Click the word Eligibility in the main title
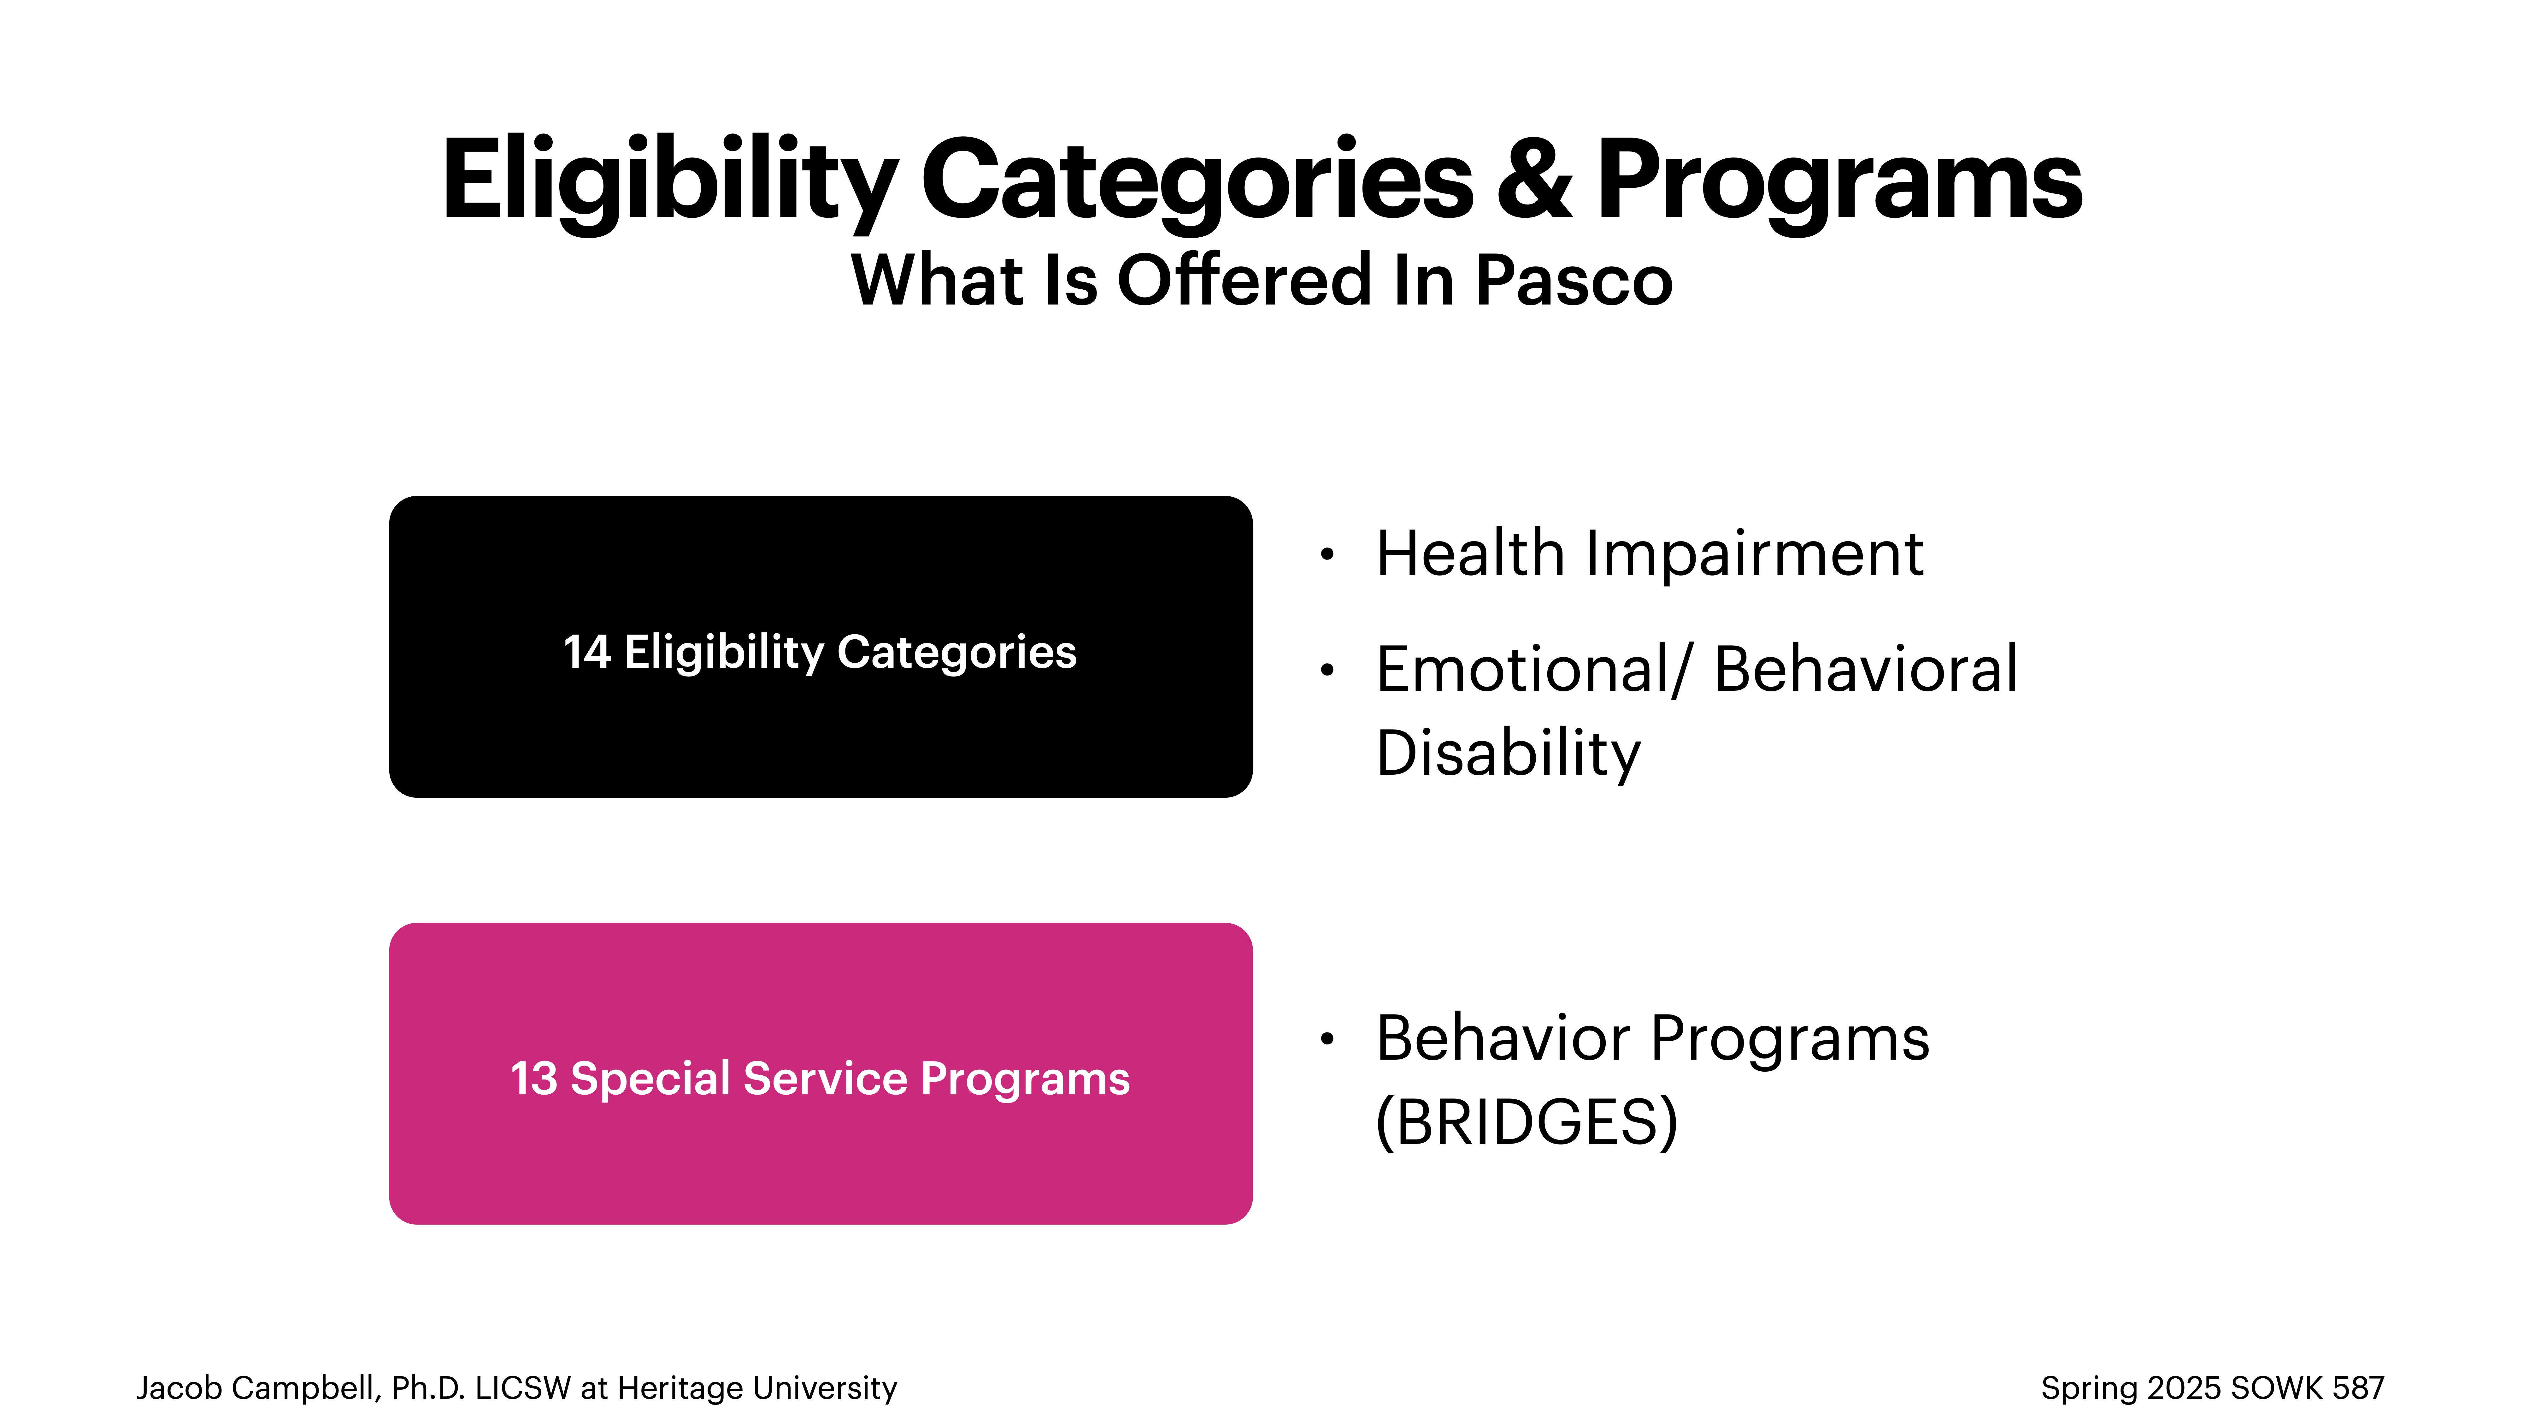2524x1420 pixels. point(669,181)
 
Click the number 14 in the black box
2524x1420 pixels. point(587,652)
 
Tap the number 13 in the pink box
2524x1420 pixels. point(534,1079)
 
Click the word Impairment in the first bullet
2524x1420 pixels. point(1754,555)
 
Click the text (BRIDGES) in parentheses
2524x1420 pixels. point(1527,1122)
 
